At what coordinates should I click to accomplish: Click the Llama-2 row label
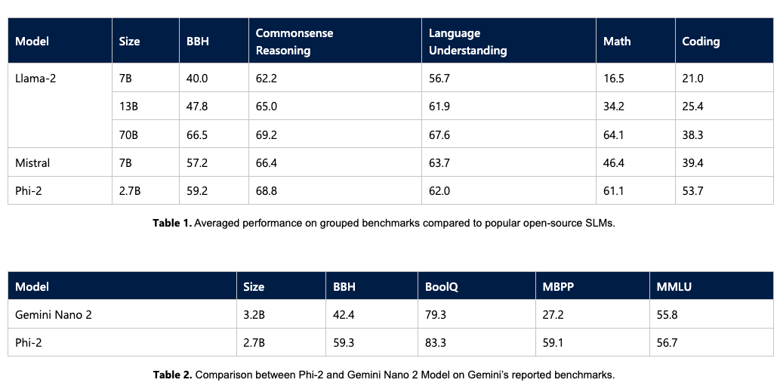tap(36, 78)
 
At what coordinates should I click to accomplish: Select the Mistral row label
tap(32, 162)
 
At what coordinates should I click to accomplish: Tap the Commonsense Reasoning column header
tap(294, 42)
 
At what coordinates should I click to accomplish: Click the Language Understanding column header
tap(467, 42)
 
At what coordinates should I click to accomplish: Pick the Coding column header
tap(701, 42)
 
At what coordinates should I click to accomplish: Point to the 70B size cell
tap(129, 134)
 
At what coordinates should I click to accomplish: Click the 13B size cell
tap(129, 106)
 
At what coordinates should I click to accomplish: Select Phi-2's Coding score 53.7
tap(692, 191)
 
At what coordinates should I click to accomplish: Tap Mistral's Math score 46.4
tap(614, 162)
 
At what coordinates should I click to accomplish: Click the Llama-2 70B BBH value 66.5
tap(197, 134)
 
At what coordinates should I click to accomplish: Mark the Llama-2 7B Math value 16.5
tap(614, 78)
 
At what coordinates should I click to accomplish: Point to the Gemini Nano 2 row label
tap(54, 314)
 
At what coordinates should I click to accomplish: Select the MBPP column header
tap(559, 287)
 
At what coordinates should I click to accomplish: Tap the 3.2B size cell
tap(254, 314)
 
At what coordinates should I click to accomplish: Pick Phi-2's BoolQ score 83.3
tap(436, 343)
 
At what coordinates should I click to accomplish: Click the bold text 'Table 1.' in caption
tap(172, 225)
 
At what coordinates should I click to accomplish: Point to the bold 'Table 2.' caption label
tap(173, 375)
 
